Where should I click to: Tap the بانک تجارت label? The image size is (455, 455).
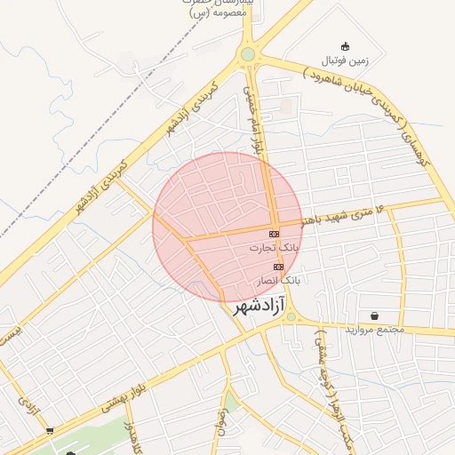pyautogui.click(x=273, y=248)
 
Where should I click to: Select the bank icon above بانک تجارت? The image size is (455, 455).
pyautogui.click(x=273, y=234)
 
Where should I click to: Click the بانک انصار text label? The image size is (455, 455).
pyautogui.click(x=278, y=280)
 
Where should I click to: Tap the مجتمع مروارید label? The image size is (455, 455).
pyautogui.click(x=372, y=330)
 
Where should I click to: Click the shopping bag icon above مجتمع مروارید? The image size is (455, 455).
pyautogui.click(x=373, y=315)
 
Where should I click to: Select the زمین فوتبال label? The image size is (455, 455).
pyautogui.click(x=343, y=60)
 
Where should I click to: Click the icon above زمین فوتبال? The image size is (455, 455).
pyautogui.click(x=345, y=46)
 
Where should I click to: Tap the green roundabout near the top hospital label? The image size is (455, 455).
pyautogui.click(x=247, y=55)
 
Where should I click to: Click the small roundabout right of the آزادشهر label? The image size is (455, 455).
pyautogui.click(x=291, y=316)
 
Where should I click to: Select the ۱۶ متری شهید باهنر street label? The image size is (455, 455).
pyautogui.click(x=351, y=213)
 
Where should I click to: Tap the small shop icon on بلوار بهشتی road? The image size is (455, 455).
pyautogui.click(x=50, y=430)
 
